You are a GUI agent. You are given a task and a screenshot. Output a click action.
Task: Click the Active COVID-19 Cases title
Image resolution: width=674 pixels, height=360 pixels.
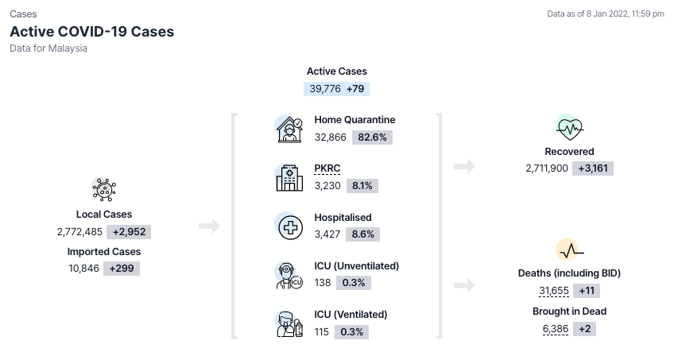(x=92, y=31)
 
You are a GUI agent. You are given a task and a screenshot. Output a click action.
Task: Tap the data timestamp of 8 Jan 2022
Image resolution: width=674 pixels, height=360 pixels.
(x=605, y=14)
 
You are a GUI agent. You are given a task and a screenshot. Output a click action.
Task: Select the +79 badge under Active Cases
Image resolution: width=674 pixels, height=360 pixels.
(x=355, y=89)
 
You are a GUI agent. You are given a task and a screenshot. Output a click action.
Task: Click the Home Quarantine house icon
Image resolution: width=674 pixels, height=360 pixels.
(x=289, y=130)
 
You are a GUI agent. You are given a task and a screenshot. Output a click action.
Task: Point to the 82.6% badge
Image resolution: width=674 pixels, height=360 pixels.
(x=372, y=137)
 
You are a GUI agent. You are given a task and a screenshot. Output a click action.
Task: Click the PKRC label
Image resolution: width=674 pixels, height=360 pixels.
(x=327, y=168)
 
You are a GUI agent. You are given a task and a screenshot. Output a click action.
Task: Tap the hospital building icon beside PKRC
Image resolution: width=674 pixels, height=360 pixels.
(x=289, y=177)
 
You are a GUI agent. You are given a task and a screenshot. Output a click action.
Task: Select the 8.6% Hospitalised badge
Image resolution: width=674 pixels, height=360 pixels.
(x=362, y=234)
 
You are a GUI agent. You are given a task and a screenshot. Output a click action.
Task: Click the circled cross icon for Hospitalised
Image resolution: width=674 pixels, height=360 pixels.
(x=290, y=227)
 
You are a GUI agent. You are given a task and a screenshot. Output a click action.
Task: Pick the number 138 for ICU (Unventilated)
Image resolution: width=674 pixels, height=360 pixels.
(x=323, y=283)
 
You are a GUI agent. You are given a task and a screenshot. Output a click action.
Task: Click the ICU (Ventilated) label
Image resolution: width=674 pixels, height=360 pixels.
(x=351, y=315)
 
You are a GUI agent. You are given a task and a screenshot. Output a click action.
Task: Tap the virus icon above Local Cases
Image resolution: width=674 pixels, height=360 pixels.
(x=104, y=189)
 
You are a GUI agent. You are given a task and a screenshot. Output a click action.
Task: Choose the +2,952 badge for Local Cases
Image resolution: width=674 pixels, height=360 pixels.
(x=129, y=232)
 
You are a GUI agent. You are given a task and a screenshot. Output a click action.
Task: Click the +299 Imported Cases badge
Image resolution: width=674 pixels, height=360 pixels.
(x=122, y=269)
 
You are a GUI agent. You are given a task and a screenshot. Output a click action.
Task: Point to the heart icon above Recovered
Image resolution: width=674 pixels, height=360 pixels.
(x=570, y=128)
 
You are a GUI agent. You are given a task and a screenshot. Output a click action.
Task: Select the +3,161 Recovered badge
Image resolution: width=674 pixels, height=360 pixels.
(x=593, y=168)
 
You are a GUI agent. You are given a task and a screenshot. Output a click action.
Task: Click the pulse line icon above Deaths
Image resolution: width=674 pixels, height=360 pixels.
(x=571, y=251)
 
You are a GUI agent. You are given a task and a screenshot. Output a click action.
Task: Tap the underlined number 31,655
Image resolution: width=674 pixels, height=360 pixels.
(x=554, y=291)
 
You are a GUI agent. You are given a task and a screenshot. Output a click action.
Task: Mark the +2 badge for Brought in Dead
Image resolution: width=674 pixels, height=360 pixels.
(x=585, y=329)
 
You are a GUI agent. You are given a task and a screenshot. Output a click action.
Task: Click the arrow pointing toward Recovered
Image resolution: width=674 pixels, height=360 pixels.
(x=464, y=166)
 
